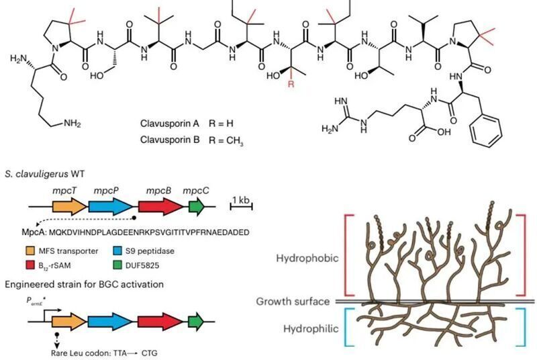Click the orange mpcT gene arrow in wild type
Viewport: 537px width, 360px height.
point(66,208)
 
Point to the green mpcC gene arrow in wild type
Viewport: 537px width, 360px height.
point(197,208)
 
